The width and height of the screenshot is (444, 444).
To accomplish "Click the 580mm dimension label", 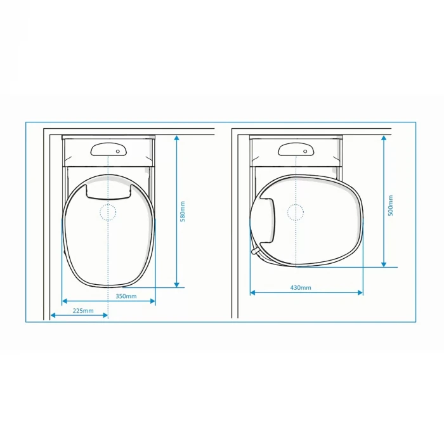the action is pos(183,211).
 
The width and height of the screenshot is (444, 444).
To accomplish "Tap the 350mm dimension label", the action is pos(126,296).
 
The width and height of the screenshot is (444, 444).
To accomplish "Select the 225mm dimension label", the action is pos(83,311).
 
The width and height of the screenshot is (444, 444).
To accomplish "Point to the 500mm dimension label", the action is pos(391,206).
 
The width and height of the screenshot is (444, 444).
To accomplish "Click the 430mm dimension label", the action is pos(301,288).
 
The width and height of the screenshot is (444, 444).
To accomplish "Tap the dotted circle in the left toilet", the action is pos(108,212).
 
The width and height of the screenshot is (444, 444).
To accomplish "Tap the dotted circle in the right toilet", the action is pos(296,212).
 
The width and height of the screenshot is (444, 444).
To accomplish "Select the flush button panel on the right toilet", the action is pos(296,149).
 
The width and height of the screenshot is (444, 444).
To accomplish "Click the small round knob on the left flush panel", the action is pos(118,152).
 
